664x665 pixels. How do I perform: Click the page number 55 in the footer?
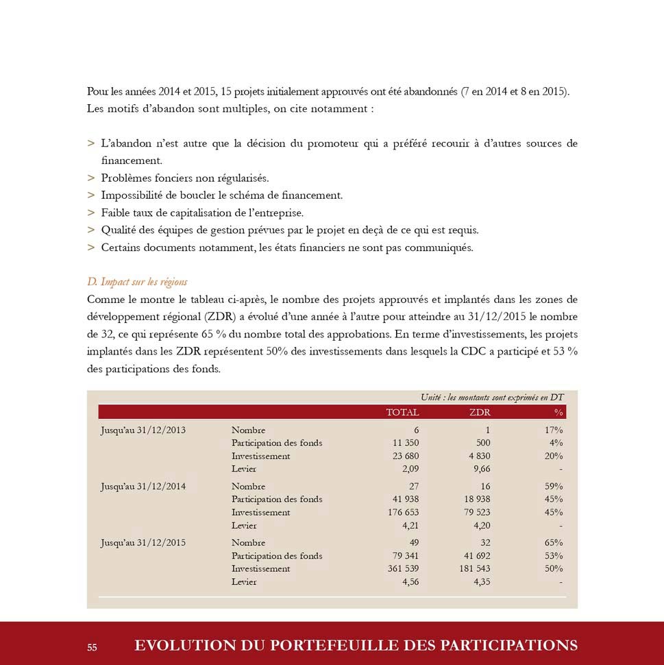click(92, 646)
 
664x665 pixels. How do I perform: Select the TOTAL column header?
click(402, 413)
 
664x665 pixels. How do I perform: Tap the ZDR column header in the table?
click(480, 413)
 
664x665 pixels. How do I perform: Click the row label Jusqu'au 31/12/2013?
click(143, 431)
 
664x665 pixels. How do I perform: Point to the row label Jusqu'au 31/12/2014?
click(143, 487)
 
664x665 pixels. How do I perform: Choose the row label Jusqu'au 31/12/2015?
click(143, 543)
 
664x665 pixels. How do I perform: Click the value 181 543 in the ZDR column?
click(474, 569)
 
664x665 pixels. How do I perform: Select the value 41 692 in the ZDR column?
click(477, 556)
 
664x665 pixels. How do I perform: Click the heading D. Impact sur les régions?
click(137, 282)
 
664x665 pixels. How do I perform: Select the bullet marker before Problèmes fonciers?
click(91, 178)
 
